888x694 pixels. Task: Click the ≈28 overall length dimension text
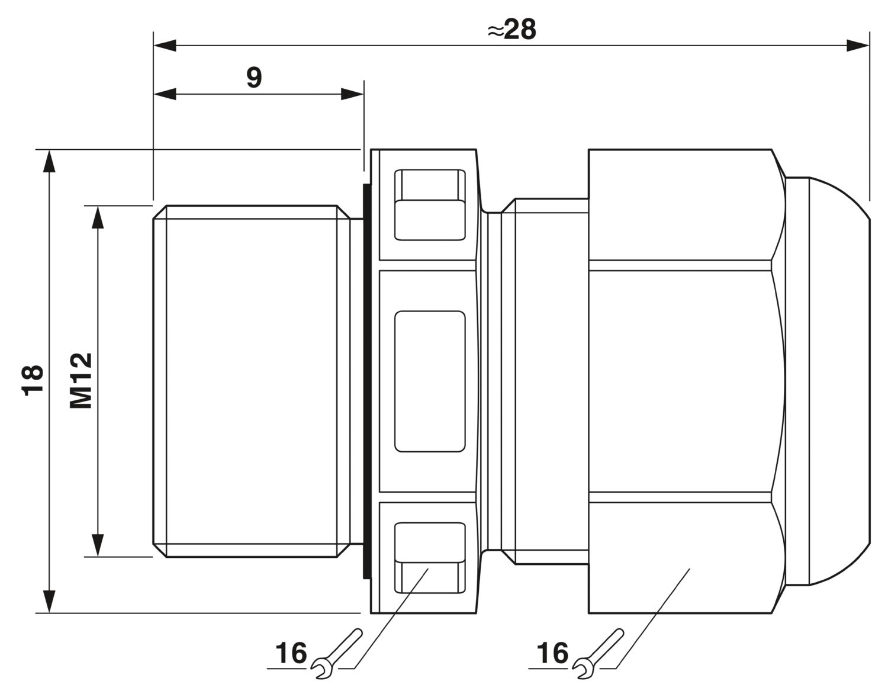tap(512, 30)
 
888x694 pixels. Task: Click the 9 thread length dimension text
tap(254, 77)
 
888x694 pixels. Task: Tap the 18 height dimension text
tap(33, 381)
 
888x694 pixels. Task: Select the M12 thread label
tap(81, 381)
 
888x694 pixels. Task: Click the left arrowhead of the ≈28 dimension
tap(164, 46)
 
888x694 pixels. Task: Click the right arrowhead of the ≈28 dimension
tap(858, 46)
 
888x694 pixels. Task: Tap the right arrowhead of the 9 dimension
tap(352, 94)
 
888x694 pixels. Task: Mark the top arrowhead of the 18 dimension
tap(49, 162)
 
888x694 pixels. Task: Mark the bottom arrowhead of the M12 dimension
tap(98, 545)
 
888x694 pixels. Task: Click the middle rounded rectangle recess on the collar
tap(429, 381)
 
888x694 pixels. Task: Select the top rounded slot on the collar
tap(429, 204)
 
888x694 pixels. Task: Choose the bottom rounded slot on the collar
tap(429, 558)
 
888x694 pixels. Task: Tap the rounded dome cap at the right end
tap(829, 381)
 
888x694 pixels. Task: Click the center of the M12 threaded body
tap(252, 381)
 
